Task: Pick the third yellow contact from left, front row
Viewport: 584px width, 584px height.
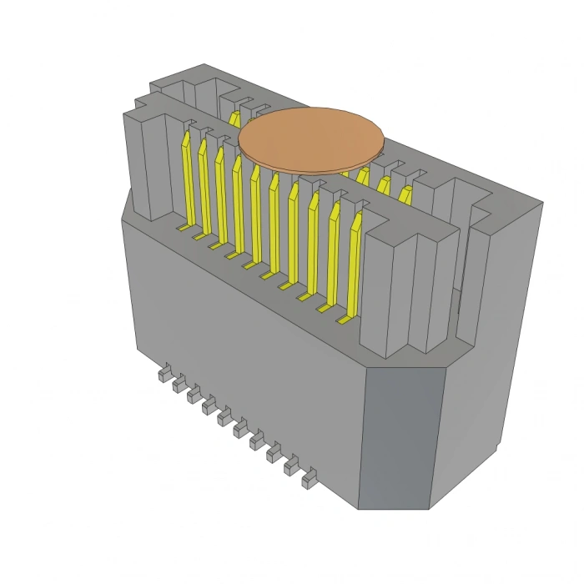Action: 221,196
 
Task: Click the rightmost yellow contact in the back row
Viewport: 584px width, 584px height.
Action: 405,195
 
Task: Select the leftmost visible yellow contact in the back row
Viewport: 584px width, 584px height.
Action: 235,118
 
